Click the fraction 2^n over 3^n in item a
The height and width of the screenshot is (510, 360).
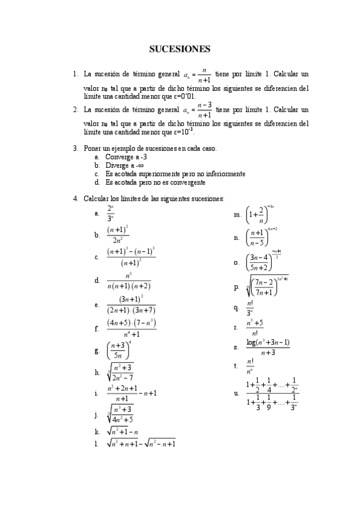pos(111,213)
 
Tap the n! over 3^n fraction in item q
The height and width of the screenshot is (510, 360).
pos(250,308)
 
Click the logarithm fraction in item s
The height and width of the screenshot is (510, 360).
pos(268,348)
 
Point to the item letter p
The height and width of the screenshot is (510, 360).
pos(236,287)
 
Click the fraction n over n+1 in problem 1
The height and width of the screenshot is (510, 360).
pos(205,75)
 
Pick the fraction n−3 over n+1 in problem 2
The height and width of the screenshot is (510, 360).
pos(205,110)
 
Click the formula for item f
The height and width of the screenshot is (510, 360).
pos(132,328)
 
